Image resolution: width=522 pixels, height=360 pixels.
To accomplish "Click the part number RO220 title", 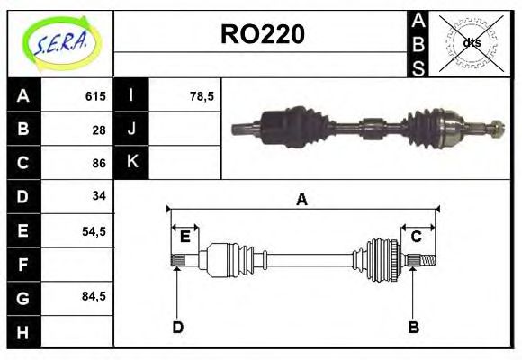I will point(263,34).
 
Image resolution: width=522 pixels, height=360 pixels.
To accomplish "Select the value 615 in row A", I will point(95,96).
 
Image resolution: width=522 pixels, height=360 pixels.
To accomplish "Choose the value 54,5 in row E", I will point(94,230).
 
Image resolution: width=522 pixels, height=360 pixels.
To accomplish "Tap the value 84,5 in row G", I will point(94,296).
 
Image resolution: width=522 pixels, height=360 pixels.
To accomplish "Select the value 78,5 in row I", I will point(202,96).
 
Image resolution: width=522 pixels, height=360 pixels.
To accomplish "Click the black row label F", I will point(22,264).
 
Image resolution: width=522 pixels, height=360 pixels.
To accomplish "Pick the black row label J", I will point(132,130).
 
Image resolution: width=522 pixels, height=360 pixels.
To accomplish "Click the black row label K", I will point(132,163).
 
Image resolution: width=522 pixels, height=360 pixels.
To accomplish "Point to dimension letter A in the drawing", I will point(301,200).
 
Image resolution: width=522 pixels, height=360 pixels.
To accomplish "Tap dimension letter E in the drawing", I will point(185,237).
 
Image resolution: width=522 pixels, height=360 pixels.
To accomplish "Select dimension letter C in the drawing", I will point(417,237).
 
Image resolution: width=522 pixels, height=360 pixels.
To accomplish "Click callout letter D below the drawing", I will point(177,327).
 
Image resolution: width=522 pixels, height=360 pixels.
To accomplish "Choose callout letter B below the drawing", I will point(414,327).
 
